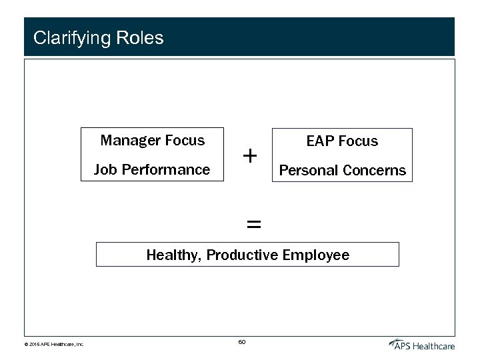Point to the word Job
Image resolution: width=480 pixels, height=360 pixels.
click(x=105, y=170)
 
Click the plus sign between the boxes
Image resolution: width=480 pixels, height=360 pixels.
click(x=250, y=156)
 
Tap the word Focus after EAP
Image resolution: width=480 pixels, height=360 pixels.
click(x=358, y=141)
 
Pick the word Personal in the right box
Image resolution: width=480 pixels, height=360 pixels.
click(x=308, y=171)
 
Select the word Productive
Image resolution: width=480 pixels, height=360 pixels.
click(x=243, y=255)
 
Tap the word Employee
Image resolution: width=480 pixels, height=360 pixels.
click(x=316, y=255)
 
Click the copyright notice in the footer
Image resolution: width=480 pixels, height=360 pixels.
click(x=54, y=345)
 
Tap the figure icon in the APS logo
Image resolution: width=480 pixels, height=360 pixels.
click(x=395, y=343)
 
